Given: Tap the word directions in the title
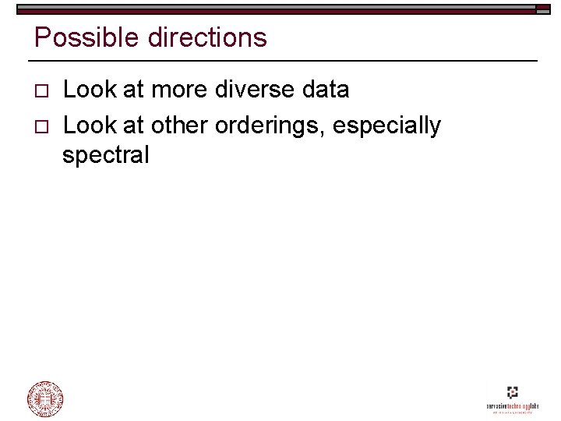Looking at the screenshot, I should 199,37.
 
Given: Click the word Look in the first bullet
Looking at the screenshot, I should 87,90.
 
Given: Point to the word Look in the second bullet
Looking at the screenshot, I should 87,125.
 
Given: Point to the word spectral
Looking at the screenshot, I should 105,155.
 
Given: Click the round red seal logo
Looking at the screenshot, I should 45,399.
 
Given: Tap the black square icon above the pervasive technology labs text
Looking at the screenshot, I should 512,393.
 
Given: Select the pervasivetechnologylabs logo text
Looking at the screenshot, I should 513,407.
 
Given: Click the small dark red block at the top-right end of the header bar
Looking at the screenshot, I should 542,12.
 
